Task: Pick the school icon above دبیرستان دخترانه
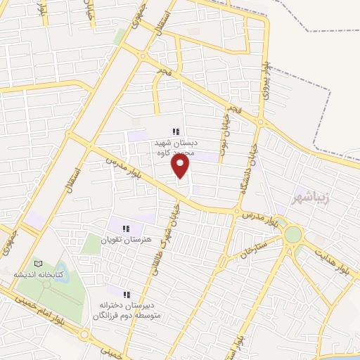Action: coord(127,295)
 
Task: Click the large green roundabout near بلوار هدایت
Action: coord(293,235)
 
